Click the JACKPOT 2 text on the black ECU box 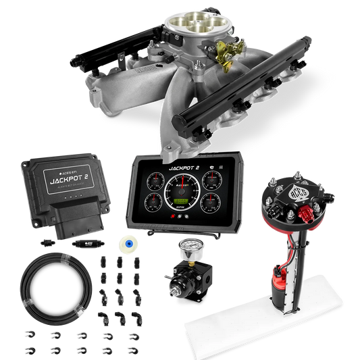point(64,181)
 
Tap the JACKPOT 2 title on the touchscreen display point(184,163)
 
